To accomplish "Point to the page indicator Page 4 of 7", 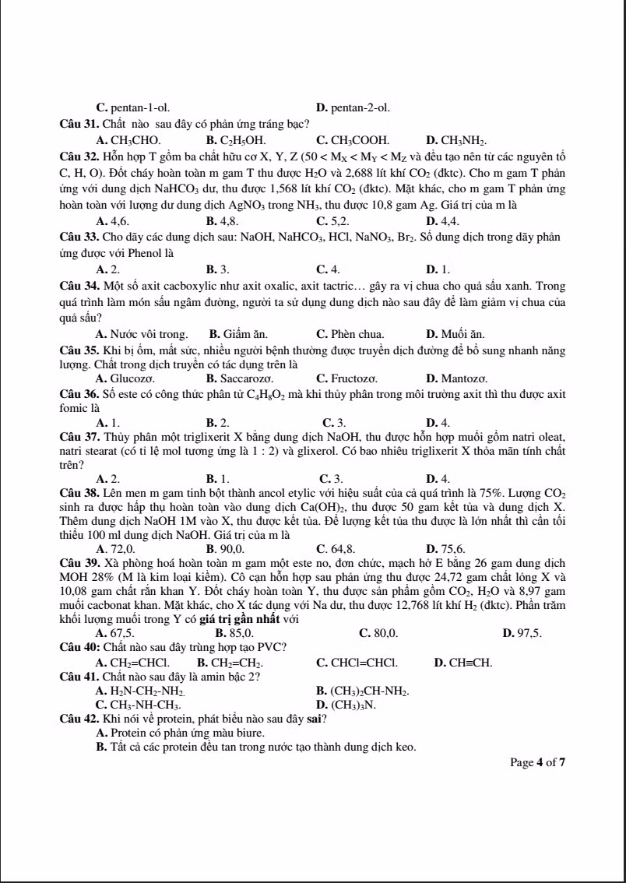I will click(x=537, y=762).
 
